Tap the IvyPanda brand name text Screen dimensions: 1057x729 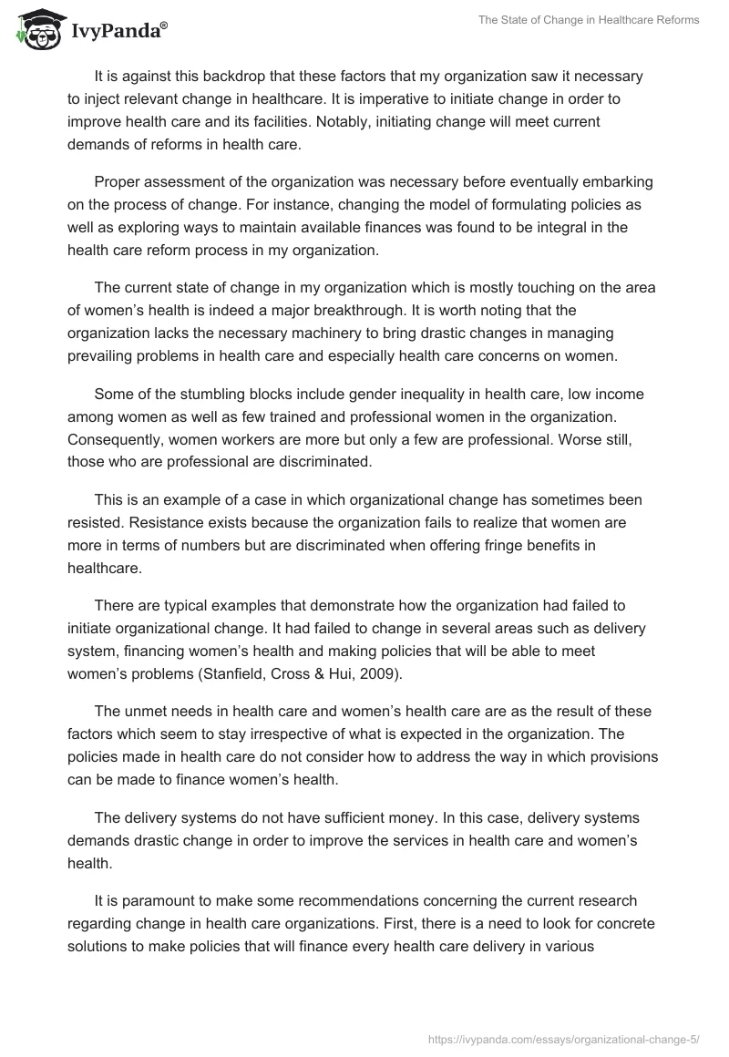(x=118, y=32)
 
